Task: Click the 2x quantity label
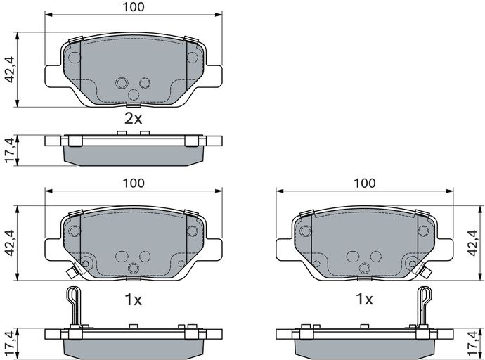click(133, 118)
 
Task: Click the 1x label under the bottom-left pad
click(133, 300)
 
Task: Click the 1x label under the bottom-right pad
click(364, 299)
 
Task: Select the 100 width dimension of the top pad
click(134, 7)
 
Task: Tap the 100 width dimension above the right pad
click(365, 183)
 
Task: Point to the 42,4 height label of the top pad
click(11, 70)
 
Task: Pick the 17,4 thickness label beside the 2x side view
click(11, 150)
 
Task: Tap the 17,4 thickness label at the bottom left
click(11, 344)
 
